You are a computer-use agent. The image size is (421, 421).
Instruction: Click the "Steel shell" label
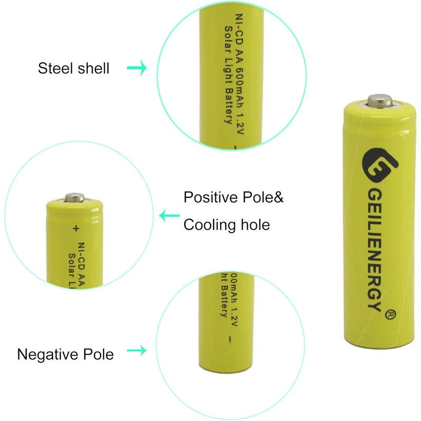(x=74, y=68)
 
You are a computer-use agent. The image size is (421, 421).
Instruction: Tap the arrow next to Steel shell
(x=136, y=68)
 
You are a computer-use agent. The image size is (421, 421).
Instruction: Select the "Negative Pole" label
(x=65, y=354)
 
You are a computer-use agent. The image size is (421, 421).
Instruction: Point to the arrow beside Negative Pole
(x=136, y=351)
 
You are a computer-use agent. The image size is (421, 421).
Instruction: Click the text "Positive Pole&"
(x=234, y=198)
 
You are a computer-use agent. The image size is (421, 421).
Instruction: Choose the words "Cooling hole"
(x=226, y=225)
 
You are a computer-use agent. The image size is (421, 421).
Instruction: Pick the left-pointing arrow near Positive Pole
(x=169, y=215)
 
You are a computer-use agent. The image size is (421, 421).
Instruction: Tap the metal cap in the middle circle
(x=74, y=197)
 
